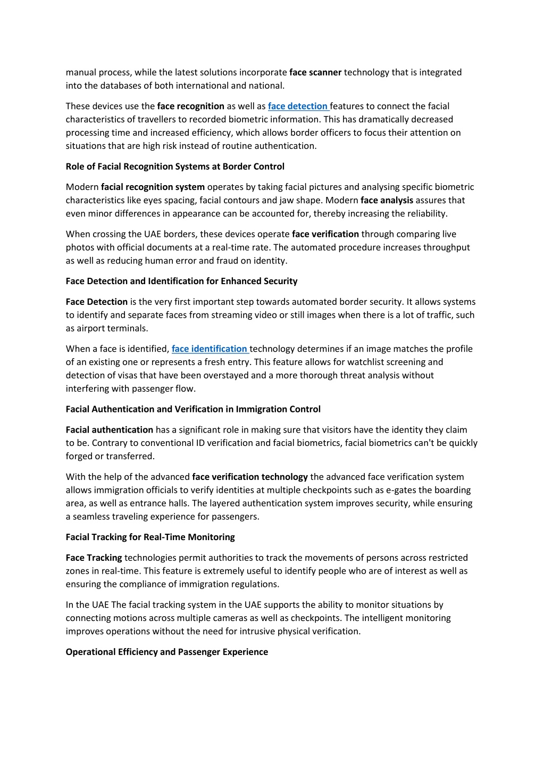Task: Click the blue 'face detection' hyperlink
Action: pos(298,106)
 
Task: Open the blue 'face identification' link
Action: pos(210,349)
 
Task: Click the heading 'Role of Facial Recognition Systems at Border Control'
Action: pos(175,167)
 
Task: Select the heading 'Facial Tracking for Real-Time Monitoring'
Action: pos(150,537)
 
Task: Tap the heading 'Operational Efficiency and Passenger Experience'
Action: pos(166,652)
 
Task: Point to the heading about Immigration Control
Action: pos(193,409)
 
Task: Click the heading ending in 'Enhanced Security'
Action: pos(181,281)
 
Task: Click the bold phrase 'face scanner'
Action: pos(315,72)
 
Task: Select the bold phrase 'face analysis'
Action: pos(387,201)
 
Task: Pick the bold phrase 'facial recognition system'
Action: pos(153,187)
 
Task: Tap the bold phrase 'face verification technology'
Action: pos(250,477)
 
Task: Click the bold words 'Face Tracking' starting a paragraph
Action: pos(94,558)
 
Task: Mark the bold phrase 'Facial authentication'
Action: pos(109,430)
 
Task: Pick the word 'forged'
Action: pos(79,456)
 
